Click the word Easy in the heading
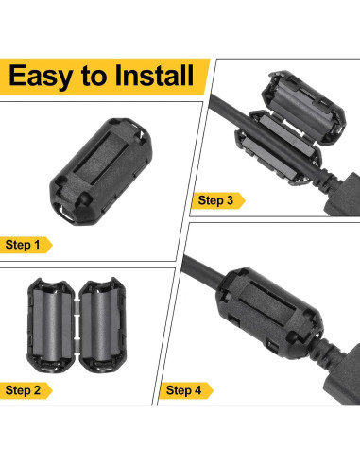coord(41,77)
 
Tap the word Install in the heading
coord(154,76)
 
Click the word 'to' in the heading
coord(94,77)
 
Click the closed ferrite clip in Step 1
coord(101,171)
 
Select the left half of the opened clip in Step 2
coord(50,325)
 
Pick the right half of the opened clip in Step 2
coord(102,325)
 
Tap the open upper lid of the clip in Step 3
coord(304,107)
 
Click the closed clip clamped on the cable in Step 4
coord(269,314)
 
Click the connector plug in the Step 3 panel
coord(343,196)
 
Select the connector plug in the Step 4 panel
coord(343,375)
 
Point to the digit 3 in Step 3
coord(230,200)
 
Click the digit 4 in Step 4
coord(197,390)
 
